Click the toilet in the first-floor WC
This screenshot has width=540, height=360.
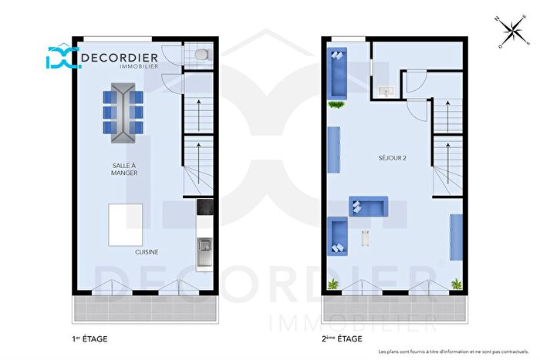[201, 54]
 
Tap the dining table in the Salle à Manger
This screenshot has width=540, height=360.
[123, 115]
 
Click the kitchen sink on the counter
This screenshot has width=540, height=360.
[204, 247]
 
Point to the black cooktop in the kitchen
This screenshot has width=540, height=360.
[204, 207]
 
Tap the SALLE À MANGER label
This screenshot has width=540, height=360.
[124, 169]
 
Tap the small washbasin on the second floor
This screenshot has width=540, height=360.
[386, 92]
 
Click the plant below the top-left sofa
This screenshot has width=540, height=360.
[336, 104]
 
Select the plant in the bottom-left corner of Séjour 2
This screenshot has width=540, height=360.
[333, 284]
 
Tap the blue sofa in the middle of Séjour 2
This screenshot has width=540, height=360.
[370, 206]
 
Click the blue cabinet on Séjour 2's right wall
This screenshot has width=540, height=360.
[456, 237]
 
